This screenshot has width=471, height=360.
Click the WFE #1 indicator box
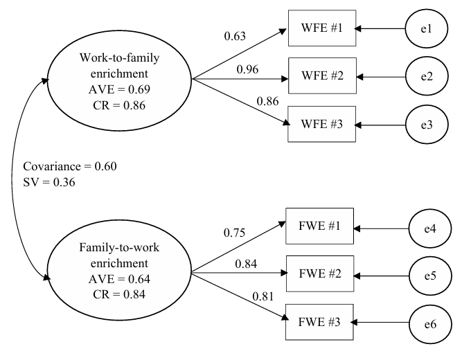pyautogui.click(x=322, y=28)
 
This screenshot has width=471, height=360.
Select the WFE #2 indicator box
pyautogui.click(x=322, y=75)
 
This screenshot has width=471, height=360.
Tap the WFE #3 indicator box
pyautogui.click(x=321, y=124)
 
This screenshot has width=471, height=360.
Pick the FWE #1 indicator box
pyautogui.click(x=319, y=226)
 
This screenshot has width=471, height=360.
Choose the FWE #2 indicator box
pyautogui.click(x=320, y=273)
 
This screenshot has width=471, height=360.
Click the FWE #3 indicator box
pyautogui.click(x=319, y=322)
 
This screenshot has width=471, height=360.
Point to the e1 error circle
pyautogui.click(x=427, y=28)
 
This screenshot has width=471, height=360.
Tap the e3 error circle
pyautogui.click(x=427, y=125)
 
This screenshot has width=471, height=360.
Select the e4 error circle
pyautogui.click(x=430, y=228)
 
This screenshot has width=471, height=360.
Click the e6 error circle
pyautogui.click(x=430, y=324)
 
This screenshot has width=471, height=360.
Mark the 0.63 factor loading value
pyautogui.click(x=235, y=36)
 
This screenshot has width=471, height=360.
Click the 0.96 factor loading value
pyautogui.click(x=247, y=69)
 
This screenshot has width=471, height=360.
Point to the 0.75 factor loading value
pyautogui.click(x=235, y=233)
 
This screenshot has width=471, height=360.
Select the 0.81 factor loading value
pyautogui.click(x=263, y=296)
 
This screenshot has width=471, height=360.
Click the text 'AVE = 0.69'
pyautogui.click(x=119, y=89)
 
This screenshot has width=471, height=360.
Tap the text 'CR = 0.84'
pyautogui.click(x=119, y=294)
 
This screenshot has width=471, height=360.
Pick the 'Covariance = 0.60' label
pyautogui.click(x=70, y=166)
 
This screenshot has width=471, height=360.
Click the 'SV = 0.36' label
pyautogui.click(x=49, y=182)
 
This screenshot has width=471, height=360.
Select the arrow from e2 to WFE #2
pyautogui.click(x=381, y=77)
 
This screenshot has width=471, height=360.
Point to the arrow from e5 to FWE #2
pyautogui.click(x=382, y=276)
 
